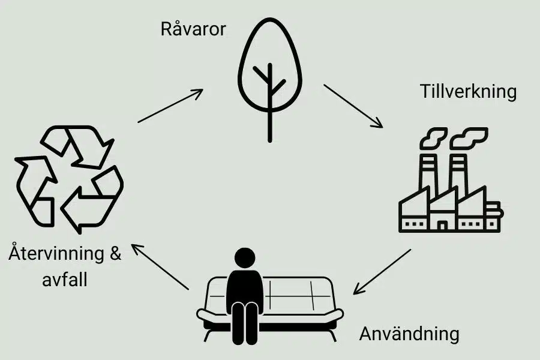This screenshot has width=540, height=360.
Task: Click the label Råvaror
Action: tap(193, 29)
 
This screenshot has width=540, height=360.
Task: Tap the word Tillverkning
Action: tap(469, 92)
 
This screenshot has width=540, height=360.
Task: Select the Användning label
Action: tap(409, 334)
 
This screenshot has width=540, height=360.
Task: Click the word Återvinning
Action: tap(56, 253)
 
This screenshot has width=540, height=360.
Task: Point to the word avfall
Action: tap(65, 279)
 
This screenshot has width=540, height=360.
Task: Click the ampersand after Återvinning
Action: tap(116, 254)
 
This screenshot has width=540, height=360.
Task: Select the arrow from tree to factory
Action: tap(353, 106)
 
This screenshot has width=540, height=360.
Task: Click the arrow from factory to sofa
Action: tap(382, 272)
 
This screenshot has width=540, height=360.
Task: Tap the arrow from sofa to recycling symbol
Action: tap(160, 266)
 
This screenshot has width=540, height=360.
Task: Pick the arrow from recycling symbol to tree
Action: tap(170, 106)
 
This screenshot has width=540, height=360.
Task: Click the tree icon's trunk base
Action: tap(269, 140)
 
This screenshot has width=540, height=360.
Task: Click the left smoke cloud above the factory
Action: tap(433, 138)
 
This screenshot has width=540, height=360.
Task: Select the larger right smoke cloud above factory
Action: tap(469, 138)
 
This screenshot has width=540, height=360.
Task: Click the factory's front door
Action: tap(443, 224)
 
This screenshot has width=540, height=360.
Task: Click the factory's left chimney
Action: tap(428, 172)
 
